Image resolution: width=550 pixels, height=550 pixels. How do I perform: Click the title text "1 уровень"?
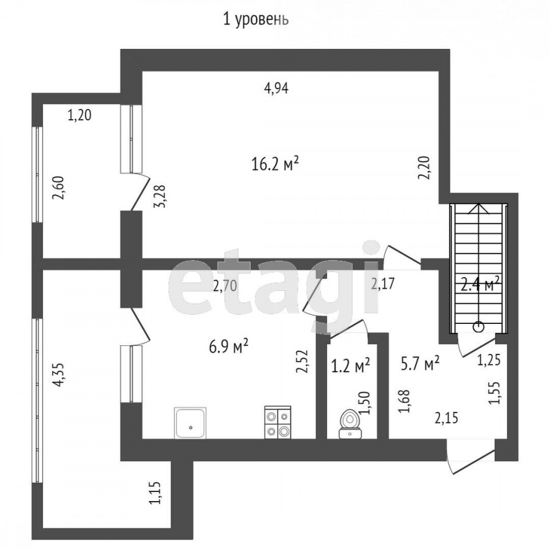coord(255,20)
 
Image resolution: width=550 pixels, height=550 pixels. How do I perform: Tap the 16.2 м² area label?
coord(275,163)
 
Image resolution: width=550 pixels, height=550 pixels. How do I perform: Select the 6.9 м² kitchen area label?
coord(229,346)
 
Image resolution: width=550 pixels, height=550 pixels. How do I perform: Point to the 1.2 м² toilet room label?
coord(350,366)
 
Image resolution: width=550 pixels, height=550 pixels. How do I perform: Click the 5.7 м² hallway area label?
coord(420,364)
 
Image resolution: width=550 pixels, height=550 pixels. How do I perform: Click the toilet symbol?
coord(350,424)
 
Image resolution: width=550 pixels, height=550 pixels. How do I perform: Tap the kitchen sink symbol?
coord(190,423)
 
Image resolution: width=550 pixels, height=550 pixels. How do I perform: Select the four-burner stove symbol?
coord(277,422)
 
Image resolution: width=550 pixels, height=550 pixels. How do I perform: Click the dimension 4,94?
coord(276,88)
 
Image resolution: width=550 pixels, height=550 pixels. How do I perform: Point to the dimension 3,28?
coord(159,197)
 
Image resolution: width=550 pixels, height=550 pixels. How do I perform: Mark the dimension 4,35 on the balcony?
coord(58,375)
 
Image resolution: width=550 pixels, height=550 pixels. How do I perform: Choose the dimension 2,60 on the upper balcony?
coord(58,188)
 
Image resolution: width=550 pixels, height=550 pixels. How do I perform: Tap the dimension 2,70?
coord(225,286)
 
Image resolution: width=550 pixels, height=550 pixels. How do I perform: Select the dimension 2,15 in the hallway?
coord(446,418)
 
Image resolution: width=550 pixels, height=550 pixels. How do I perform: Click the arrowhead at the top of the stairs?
coord(479,208)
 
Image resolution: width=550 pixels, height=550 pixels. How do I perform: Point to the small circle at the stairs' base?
coord(479,328)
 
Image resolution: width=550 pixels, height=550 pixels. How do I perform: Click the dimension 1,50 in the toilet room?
coord(365,403)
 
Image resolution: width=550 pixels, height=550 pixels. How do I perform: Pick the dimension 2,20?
coord(424,168)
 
